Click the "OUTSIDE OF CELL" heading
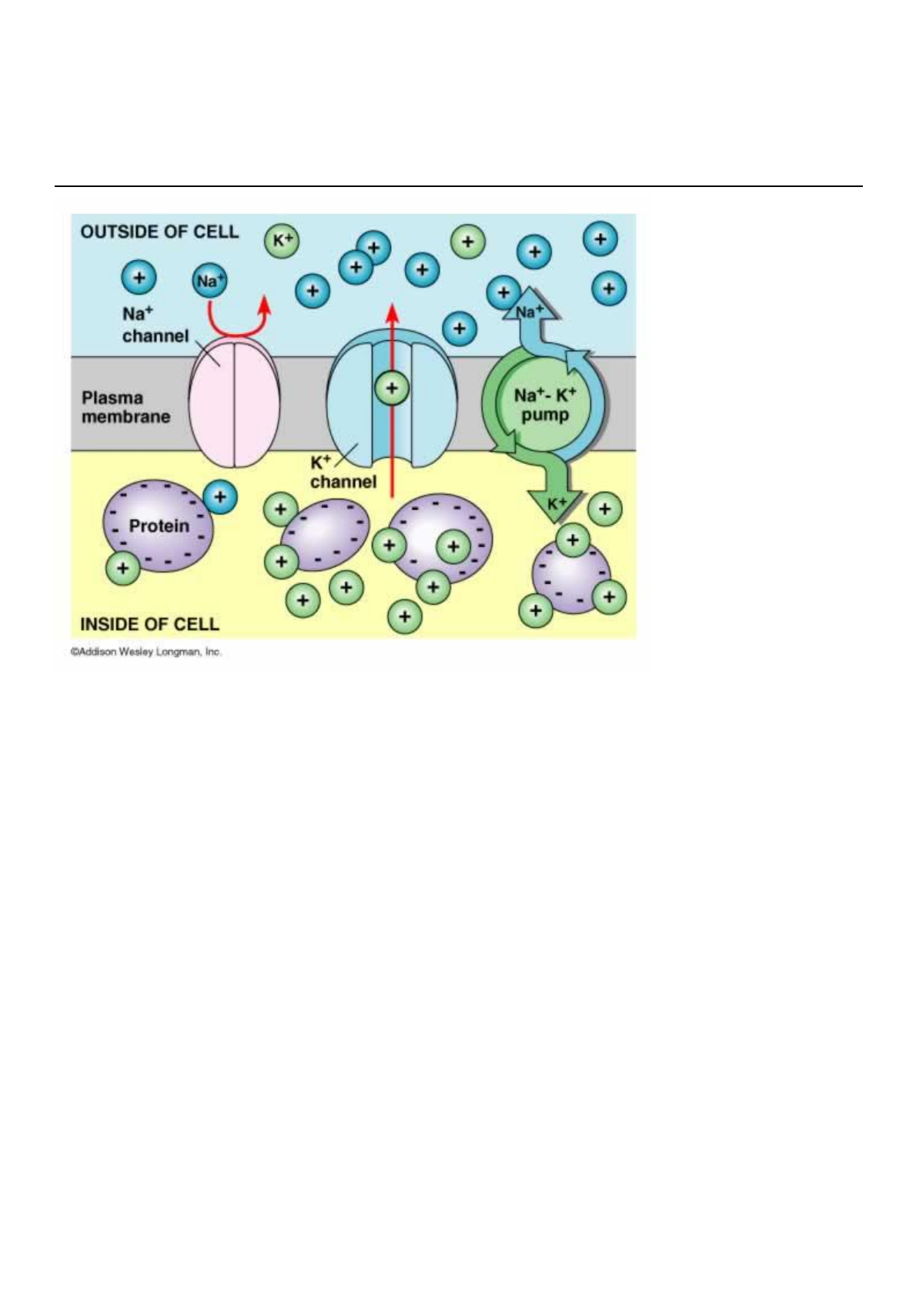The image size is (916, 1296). click(159, 232)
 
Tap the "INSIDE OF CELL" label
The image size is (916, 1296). click(149, 623)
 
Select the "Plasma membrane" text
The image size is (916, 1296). click(126, 407)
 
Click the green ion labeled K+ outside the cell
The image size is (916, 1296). click(282, 240)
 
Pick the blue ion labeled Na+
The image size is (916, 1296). click(209, 281)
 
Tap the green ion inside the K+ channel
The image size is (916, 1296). click(392, 389)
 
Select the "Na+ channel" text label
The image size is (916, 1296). click(155, 325)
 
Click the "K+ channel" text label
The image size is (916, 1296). click(343, 473)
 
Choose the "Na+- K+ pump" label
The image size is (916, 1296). click(545, 405)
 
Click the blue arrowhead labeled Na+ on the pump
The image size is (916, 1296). click(530, 307)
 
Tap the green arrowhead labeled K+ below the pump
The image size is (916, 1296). click(557, 505)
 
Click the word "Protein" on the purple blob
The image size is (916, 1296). click(159, 526)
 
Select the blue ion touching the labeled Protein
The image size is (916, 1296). click(220, 496)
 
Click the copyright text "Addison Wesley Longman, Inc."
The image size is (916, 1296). click(146, 652)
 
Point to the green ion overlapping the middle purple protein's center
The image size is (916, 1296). click(453, 546)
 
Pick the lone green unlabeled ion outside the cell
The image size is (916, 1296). click(467, 242)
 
